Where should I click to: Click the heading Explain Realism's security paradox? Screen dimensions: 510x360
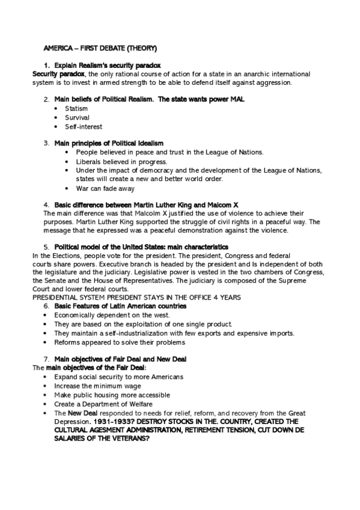tap(107, 65)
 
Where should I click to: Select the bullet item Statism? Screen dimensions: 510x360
tap(76, 109)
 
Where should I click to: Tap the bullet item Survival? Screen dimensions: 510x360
tap(77, 118)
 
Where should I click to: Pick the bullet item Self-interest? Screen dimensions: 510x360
tap(84, 127)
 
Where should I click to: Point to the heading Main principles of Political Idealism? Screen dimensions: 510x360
tap(109, 143)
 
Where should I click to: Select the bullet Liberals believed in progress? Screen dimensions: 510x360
tap(121, 162)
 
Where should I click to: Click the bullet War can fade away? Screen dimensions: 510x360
tap(105, 188)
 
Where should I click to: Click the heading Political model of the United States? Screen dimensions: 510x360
tap(141, 247)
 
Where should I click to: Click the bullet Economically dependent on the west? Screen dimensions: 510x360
tap(112, 315)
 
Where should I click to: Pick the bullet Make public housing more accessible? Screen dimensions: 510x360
tap(112, 395)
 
